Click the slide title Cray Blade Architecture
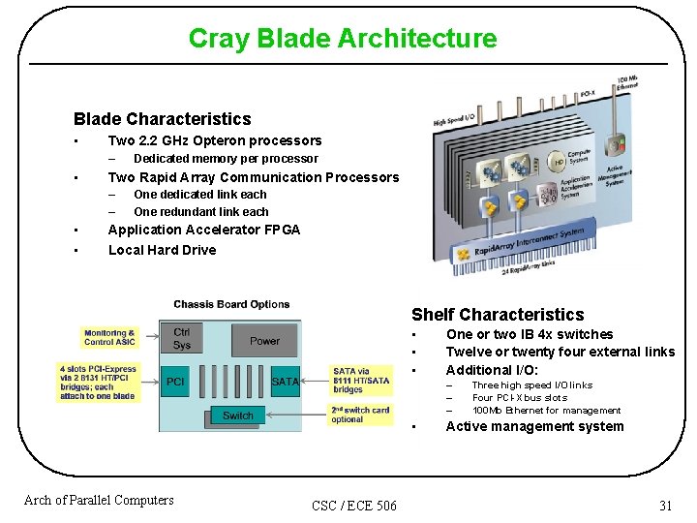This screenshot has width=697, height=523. click(x=343, y=39)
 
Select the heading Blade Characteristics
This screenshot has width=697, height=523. click(x=162, y=119)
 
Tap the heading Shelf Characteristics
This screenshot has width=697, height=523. click(x=498, y=314)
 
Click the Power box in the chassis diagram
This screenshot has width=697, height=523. click(x=264, y=341)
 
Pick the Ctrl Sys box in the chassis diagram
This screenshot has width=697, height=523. click(x=182, y=339)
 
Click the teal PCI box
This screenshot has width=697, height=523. click(x=175, y=382)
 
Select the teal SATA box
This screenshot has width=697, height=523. click(x=285, y=382)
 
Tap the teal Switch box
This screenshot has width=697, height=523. click(x=237, y=415)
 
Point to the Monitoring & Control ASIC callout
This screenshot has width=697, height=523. click(x=109, y=337)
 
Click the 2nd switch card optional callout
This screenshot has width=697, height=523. click(x=361, y=415)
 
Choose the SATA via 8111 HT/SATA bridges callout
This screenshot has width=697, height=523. click(x=361, y=380)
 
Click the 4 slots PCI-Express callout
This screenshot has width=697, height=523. click(x=98, y=382)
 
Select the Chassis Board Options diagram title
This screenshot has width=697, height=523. click(x=231, y=304)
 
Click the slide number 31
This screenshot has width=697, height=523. click(x=665, y=506)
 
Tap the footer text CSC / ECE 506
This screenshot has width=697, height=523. click(x=354, y=506)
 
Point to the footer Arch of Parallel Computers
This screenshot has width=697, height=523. click(x=99, y=500)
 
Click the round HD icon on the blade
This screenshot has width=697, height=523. click(x=557, y=164)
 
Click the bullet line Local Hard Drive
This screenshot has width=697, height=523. click(x=162, y=250)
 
